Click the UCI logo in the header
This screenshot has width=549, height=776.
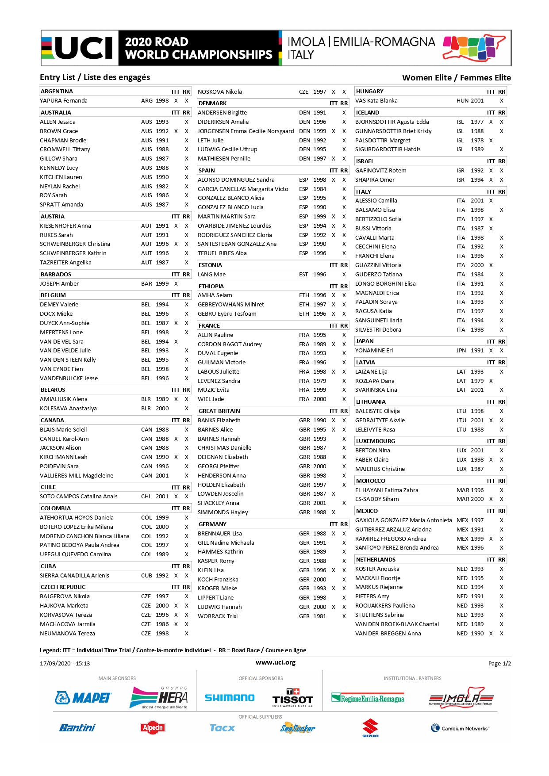(80, 48)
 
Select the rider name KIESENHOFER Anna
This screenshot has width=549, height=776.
(65, 226)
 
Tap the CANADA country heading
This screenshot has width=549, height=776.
(52, 420)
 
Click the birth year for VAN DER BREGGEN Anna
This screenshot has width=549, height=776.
(477, 634)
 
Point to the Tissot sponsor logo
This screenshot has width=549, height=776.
(292, 698)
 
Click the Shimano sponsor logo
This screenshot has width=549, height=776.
(230, 698)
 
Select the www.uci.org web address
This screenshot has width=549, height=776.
(275, 662)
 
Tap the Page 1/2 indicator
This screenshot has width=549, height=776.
(499, 664)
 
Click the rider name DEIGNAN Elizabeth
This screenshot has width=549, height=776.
(223, 457)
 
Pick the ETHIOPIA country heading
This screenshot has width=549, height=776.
(211, 287)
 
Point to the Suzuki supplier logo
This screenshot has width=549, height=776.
(370, 728)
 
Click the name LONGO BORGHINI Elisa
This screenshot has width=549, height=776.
(385, 284)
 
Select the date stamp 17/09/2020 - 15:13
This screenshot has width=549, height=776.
(65, 664)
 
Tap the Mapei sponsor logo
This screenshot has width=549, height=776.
(83, 698)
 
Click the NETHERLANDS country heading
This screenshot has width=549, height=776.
(376, 560)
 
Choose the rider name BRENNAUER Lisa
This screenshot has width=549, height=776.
(219, 534)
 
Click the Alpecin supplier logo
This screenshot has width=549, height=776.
(153, 728)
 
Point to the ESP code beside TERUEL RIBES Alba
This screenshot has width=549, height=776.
(303, 253)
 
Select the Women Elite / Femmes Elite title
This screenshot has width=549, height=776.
(456, 78)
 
